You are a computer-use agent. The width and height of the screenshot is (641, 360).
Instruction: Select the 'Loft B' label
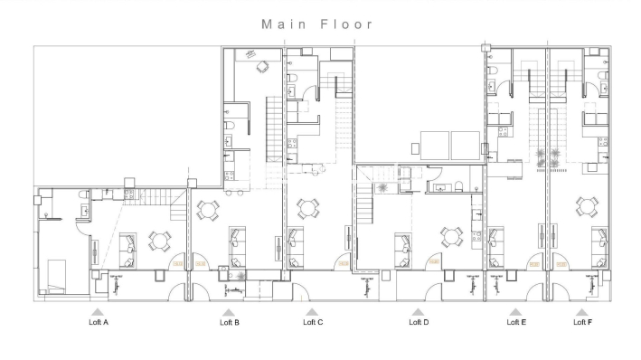[x=230, y=321]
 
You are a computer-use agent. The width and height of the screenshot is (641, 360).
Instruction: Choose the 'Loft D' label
[x=419, y=321]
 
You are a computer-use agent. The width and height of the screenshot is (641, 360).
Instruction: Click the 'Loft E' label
[x=515, y=321]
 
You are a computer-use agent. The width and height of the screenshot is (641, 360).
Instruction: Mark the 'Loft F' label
[x=583, y=321]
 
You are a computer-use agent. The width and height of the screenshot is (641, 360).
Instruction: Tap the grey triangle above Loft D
[x=418, y=311]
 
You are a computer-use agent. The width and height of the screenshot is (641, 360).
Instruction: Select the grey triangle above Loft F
[x=583, y=311]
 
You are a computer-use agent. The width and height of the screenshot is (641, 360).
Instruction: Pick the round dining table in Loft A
[x=160, y=242]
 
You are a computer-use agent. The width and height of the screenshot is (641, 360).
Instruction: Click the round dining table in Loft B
[x=208, y=210]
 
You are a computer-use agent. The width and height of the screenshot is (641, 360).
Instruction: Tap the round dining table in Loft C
[x=308, y=209]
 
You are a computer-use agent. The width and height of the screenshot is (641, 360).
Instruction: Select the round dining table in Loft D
[x=451, y=237]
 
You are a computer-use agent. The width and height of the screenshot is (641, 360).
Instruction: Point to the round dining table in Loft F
[x=586, y=207]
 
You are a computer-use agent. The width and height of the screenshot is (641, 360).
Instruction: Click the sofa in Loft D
[x=403, y=244]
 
